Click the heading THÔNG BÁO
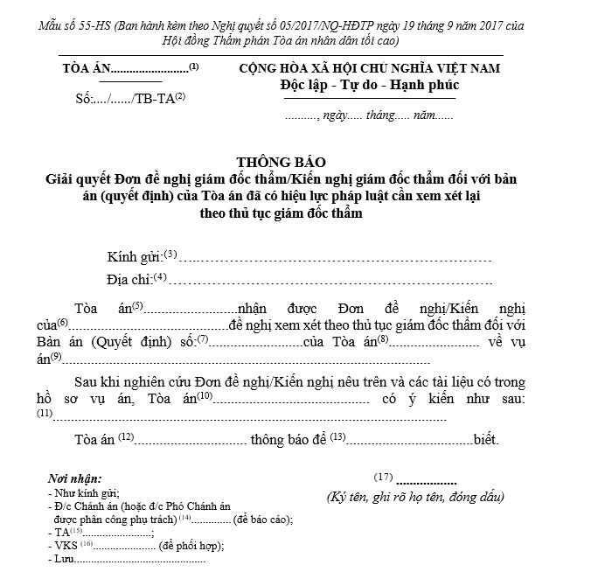point(280,164)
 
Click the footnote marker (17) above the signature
point(383,478)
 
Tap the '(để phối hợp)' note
point(191,545)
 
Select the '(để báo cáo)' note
point(262,519)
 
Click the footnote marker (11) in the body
point(45,413)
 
